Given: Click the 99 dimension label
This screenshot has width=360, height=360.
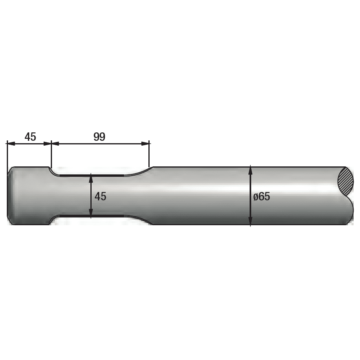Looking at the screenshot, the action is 99,137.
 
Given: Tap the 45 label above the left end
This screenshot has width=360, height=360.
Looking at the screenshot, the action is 30,137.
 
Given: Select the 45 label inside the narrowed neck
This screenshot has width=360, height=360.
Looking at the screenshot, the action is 100,196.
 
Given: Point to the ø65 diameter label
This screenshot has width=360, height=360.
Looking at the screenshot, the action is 262,197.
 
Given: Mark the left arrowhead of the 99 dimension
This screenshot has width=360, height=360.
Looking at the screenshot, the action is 55,144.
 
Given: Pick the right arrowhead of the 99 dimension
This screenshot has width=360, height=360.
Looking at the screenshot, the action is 145,144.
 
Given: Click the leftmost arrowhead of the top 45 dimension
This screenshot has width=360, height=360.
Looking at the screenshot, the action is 11,144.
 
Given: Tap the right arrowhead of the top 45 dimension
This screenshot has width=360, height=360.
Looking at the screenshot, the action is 47,144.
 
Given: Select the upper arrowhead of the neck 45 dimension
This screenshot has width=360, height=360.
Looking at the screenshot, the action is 91,178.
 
